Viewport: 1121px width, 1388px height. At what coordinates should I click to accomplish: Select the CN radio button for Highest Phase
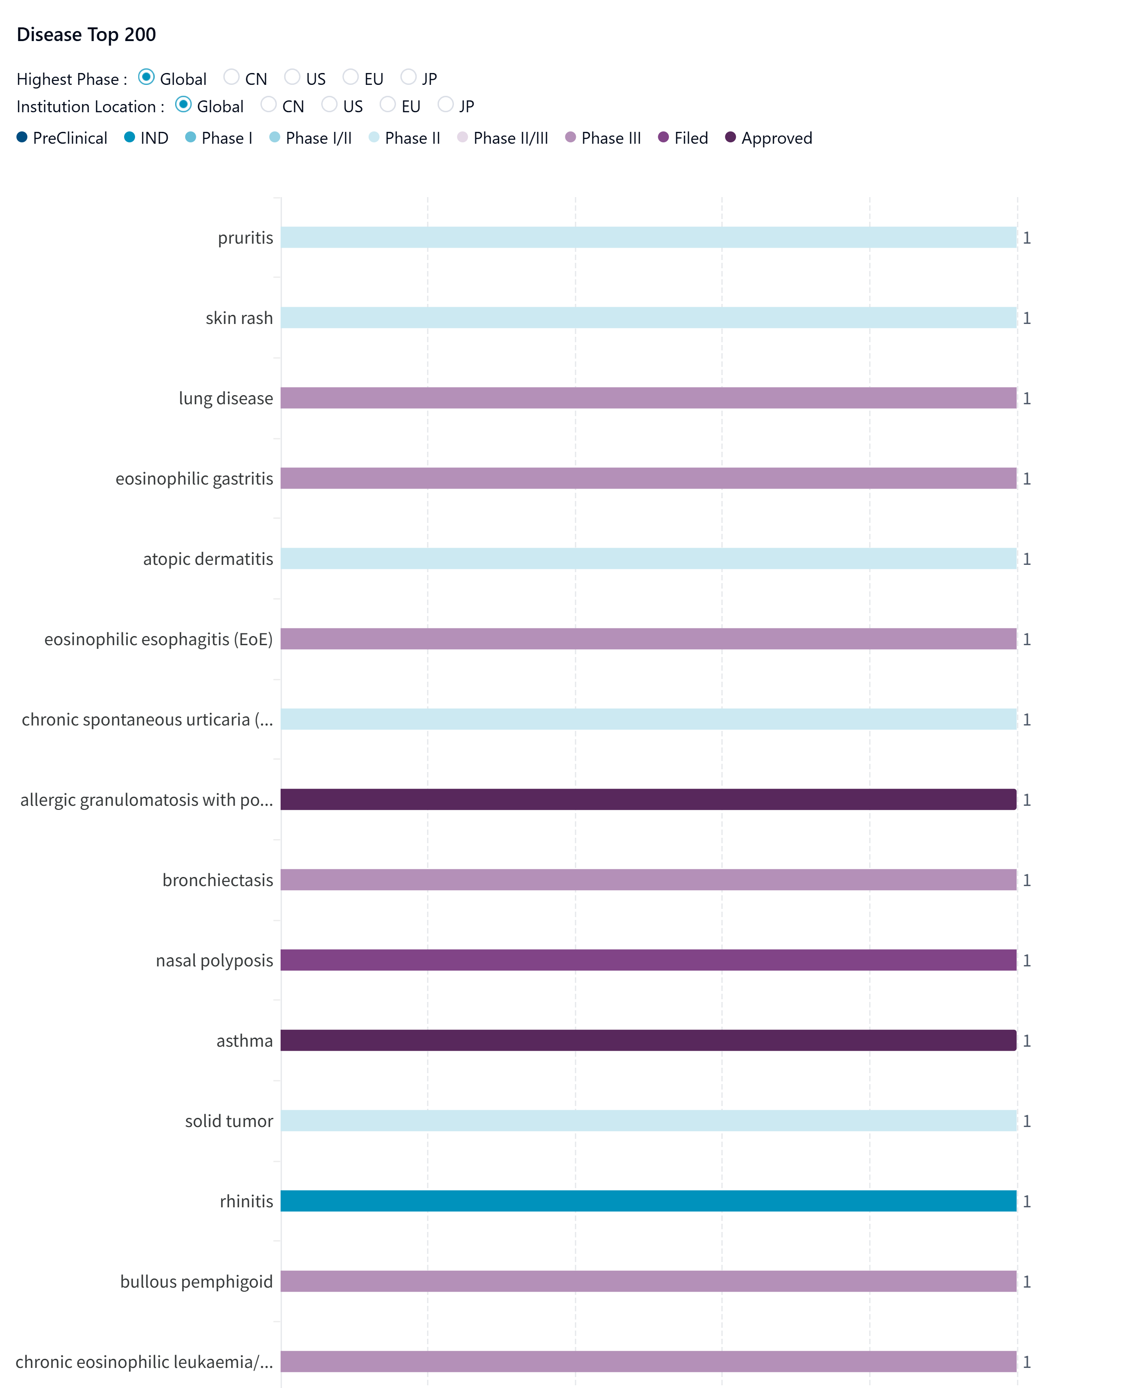(x=231, y=78)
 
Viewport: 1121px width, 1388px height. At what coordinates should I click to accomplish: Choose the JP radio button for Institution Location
(x=446, y=104)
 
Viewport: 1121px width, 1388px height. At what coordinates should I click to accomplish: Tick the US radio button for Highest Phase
(x=292, y=78)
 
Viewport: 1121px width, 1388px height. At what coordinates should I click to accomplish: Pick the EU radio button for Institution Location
(x=387, y=104)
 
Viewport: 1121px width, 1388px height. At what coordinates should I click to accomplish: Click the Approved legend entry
(x=768, y=138)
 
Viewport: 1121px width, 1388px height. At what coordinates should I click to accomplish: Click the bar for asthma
(x=648, y=1040)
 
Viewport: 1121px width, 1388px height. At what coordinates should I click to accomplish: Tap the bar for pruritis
(x=648, y=237)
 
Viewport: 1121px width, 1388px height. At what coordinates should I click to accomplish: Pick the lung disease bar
(x=648, y=398)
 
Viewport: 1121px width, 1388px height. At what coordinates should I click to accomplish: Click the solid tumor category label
(x=229, y=1121)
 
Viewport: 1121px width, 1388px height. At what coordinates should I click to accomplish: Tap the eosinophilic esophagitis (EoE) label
(x=158, y=639)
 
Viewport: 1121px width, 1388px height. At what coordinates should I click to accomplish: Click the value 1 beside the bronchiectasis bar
(x=1027, y=880)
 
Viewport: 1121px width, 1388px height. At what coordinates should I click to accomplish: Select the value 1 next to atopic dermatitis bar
(x=1027, y=559)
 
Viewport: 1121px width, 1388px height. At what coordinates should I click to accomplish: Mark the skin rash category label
(x=239, y=318)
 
